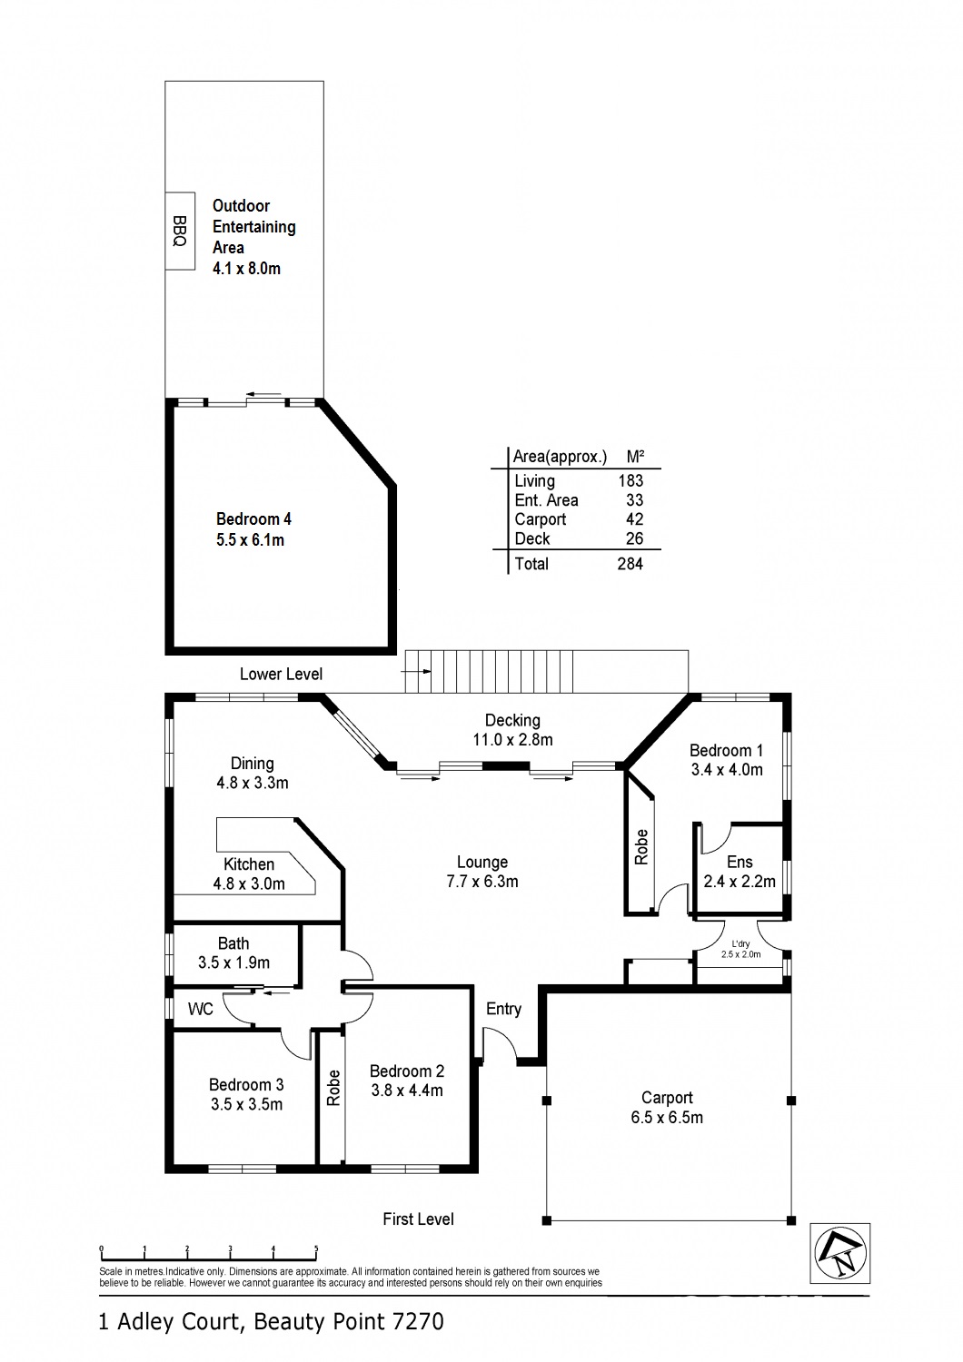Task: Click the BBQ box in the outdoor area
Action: point(180,232)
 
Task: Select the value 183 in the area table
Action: point(630,481)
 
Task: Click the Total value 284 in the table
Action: point(630,564)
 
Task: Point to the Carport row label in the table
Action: point(540,519)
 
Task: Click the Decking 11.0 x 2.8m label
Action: point(512,730)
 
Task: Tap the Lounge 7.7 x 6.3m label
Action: point(482,872)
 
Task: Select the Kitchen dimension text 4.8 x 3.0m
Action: point(249,884)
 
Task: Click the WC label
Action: point(201,1010)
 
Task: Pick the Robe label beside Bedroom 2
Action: point(333,1088)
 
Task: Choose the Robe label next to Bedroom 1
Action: point(641,847)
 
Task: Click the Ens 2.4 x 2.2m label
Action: point(740,872)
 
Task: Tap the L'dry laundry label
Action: point(740,944)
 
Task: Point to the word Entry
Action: point(503,1009)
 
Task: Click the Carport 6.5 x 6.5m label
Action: point(667,1108)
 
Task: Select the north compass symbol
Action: point(840,1253)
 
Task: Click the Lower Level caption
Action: point(281,674)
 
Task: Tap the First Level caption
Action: point(418,1219)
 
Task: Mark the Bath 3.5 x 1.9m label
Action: point(233,953)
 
